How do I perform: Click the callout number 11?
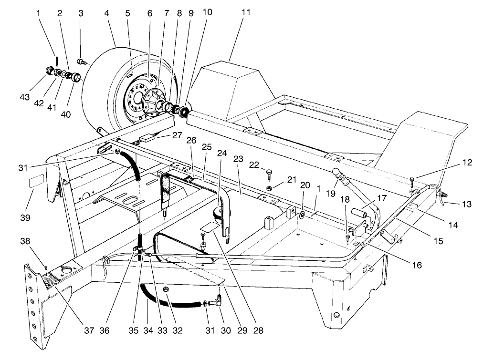coord(245,13)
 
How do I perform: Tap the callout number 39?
coord(25,217)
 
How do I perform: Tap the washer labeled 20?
coord(302,211)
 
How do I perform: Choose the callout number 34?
coord(147,329)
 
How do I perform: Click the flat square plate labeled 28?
coord(208,227)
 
